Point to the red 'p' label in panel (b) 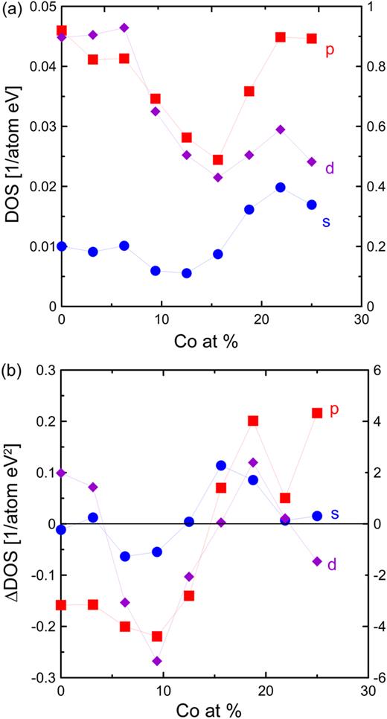pyautogui.click(x=334, y=409)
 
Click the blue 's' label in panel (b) pyautogui.click(x=335, y=514)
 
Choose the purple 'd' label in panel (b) pyautogui.click(x=332, y=565)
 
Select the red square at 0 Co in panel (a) pyautogui.click(x=62, y=31)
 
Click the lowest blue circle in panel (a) pyautogui.click(x=186, y=273)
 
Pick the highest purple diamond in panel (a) pyautogui.click(x=124, y=28)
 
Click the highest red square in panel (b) pyautogui.click(x=317, y=412)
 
